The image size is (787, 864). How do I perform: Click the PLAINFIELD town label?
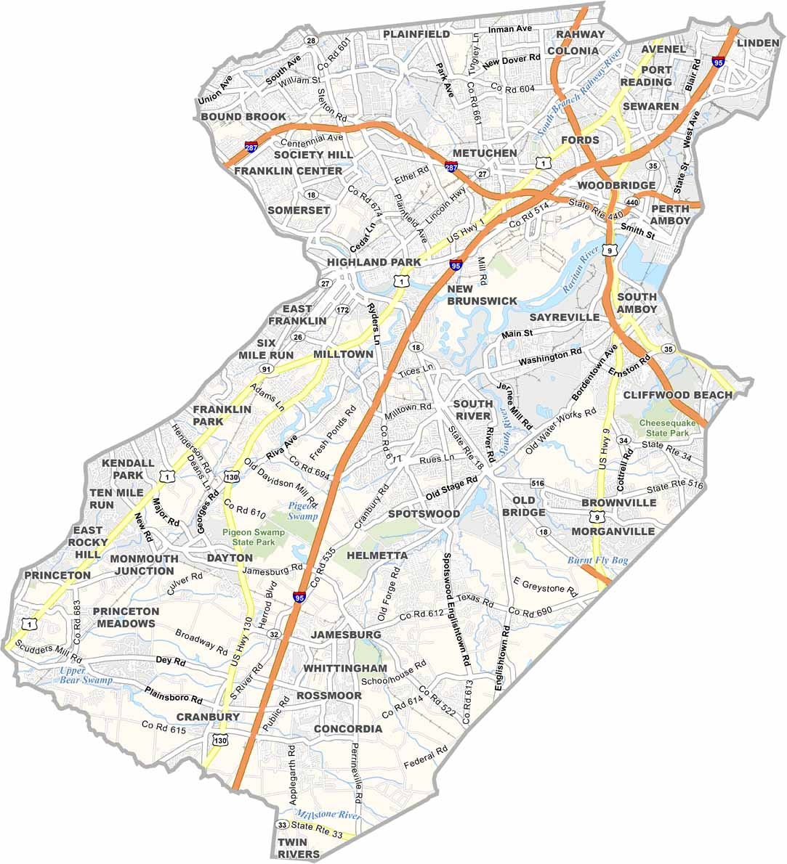tap(416, 34)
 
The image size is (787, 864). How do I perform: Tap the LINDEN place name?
tap(758, 44)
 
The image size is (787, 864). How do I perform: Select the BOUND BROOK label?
tap(243, 117)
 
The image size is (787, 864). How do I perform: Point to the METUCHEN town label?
tap(485, 153)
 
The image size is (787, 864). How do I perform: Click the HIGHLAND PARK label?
tap(374, 262)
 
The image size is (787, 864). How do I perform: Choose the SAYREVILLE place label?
tap(565, 318)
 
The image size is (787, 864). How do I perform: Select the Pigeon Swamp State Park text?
tap(253, 537)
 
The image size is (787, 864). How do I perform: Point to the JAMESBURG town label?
tap(345, 635)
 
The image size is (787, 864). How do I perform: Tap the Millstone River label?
tap(328, 815)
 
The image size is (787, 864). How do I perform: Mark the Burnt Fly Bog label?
tap(597, 561)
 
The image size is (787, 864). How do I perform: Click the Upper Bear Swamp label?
tap(86, 675)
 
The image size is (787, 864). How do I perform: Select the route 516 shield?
tap(538, 483)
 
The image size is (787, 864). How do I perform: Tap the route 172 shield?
tap(343, 311)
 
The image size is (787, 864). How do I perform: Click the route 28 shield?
tap(311, 40)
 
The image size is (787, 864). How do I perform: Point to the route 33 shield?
tap(282, 825)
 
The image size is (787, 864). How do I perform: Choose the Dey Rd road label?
tap(171, 661)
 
